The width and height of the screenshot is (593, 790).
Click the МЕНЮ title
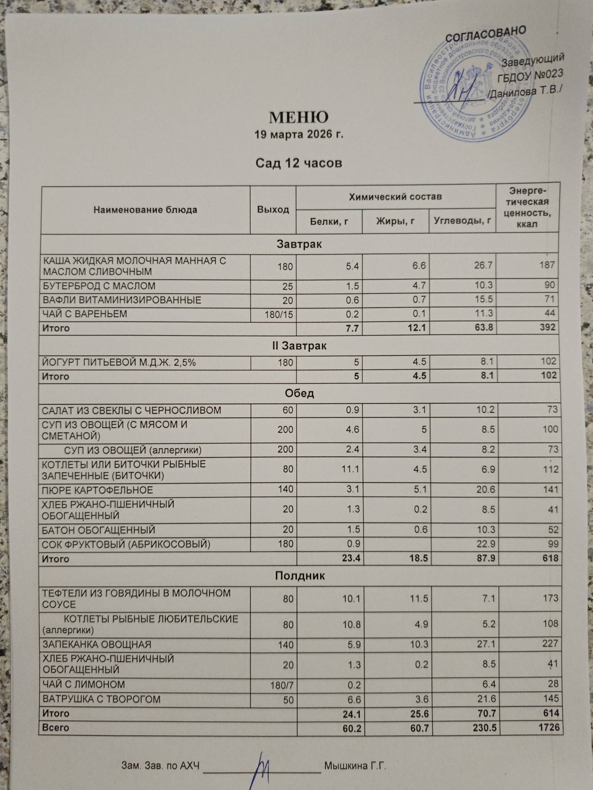point(298,117)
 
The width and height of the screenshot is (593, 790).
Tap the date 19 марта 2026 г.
point(298,135)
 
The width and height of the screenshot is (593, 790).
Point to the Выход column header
point(273,210)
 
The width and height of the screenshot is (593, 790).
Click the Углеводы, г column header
point(462,221)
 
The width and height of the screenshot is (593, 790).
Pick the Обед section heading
point(299,393)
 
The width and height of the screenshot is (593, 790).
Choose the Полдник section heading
point(300,576)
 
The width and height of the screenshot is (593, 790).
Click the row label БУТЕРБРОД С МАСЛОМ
point(99,286)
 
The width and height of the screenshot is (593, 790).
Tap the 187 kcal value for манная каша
point(547,265)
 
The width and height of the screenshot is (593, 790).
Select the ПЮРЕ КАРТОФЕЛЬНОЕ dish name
point(98,490)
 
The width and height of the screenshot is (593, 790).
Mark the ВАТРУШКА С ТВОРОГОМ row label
point(102,699)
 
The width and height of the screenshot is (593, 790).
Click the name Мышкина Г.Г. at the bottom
point(355,766)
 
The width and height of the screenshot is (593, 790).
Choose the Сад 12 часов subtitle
point(298,163)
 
